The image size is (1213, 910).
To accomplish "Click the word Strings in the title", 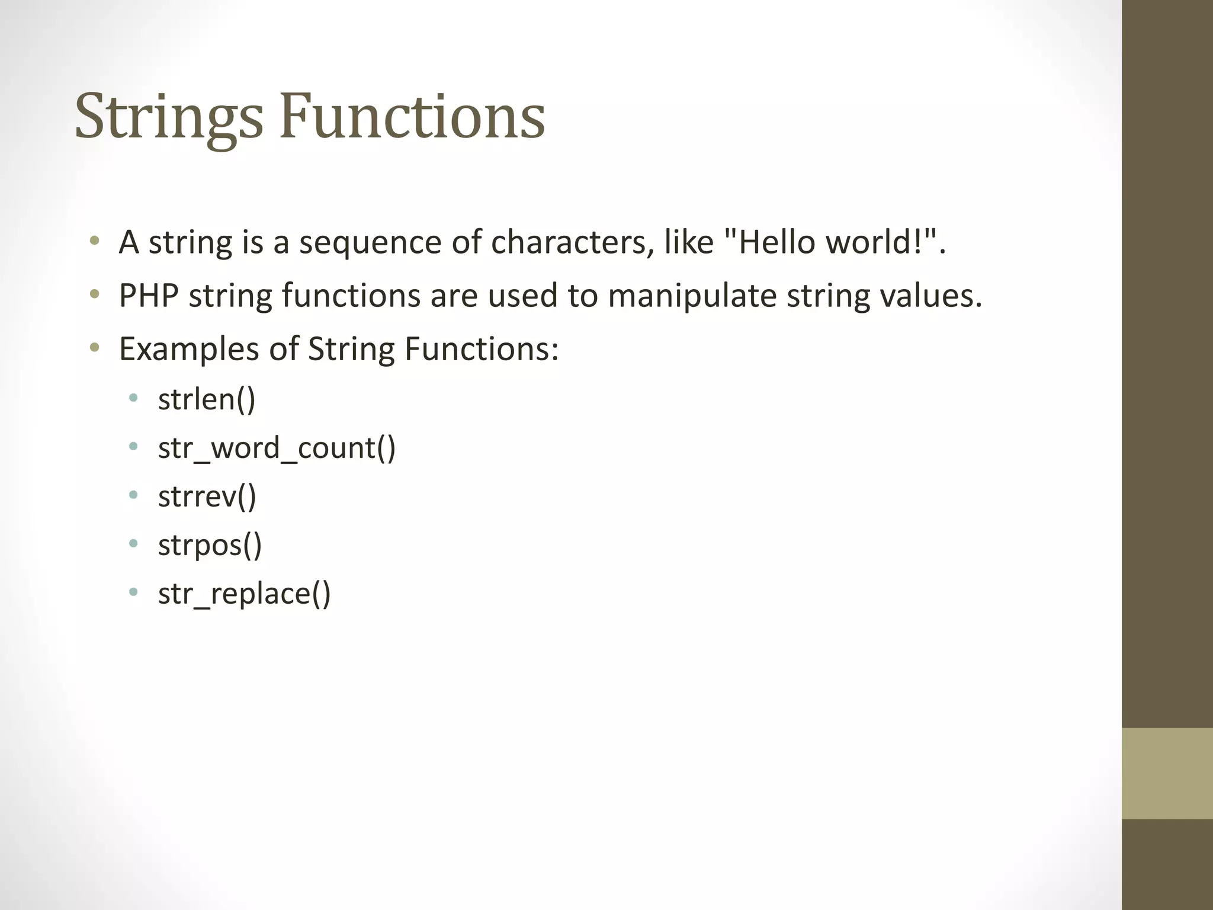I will click(168, 117).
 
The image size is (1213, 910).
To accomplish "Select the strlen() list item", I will click(207, 399).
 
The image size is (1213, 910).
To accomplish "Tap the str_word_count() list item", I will click(277, 448).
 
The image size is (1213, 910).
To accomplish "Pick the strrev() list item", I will click(207, 496).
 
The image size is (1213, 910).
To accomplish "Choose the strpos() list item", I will click(210, 545).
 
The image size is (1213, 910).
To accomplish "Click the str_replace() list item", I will click(244, 594).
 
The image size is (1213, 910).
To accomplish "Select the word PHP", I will click(149, 295).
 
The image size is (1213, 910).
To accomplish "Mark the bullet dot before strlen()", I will click(133, 398).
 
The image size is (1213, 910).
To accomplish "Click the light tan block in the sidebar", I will click(1167, 774).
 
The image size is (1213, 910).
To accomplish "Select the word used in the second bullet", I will click(522, 295).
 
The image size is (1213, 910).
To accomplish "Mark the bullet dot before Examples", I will click(94, 347).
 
